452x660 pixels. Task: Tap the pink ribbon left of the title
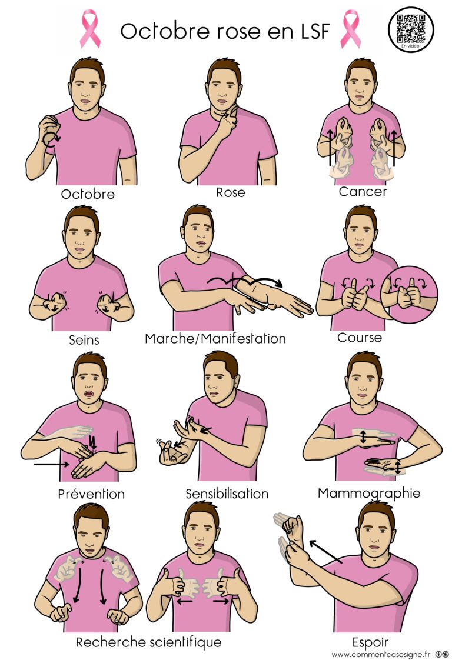pyautogui.click(x=91, y=29)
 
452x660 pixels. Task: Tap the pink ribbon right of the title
pyautogui.click(x=350, y=29)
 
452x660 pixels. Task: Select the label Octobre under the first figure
pyautogui.click(x=88, y=194)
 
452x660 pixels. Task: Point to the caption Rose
pyautogui.click(x=231, y=192)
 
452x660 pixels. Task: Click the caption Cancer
pyautogui.click(x=363, y=192)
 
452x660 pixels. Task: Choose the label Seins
pyautogui.click(x=84, y=339)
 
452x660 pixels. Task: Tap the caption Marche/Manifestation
pyautogui.click(x=215, y=338)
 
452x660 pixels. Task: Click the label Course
pyautogui.click(x=360, y=338)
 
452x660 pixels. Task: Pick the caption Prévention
pyautogui.click(x=91, y=494)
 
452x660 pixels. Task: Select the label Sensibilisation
pyautogui.click(x=227, y=494)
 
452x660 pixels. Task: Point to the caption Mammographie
pyautogui.click(x=369, y=494)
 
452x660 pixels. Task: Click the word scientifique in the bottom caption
pyautogui.click(x=186, y=642)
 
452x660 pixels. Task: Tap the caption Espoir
pyautogui.click(x=370, y=643)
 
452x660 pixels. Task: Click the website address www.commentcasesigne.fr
pyautogui.click(x=381, y=655)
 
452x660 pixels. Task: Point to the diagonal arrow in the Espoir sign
pyautogui.click(x=325, y=551)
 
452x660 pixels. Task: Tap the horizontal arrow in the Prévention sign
pyautogui.click(x=51, y=464)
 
